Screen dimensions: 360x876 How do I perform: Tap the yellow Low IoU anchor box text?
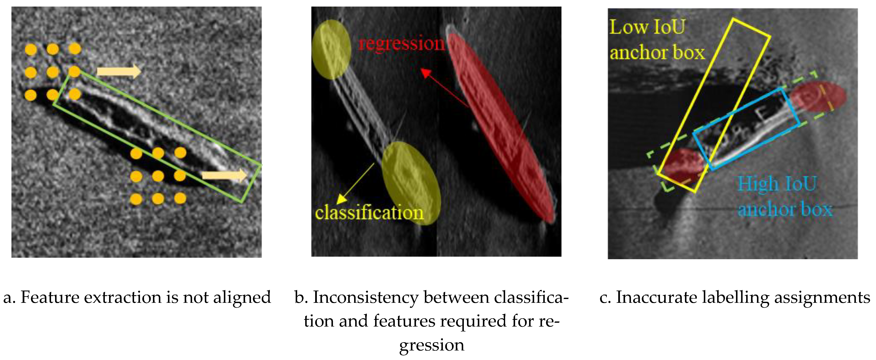pyautogui.click(x=656, y=40)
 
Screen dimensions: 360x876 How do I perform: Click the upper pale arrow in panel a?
pyautogui.click(x=119, y=71)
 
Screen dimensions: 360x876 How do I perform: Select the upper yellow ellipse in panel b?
pyautogui.click(x=331, y=50)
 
